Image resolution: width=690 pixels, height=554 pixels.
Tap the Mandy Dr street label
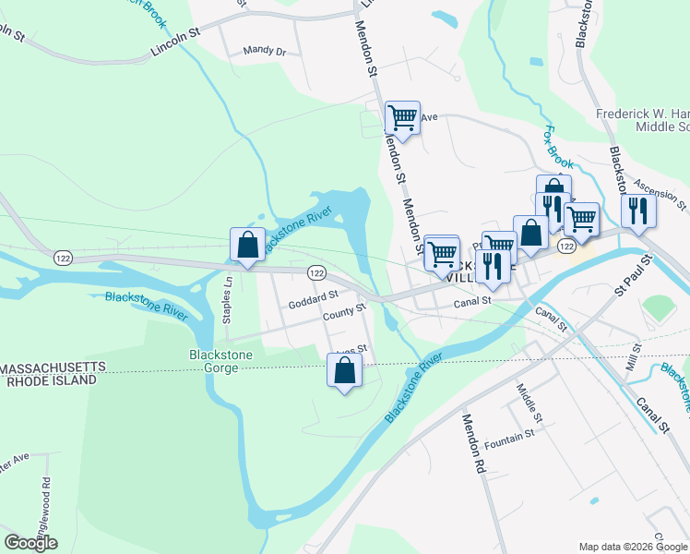(x=264, y=52)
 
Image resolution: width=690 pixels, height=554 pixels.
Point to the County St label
(x=345, y=312)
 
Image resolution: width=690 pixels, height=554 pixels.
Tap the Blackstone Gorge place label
(x=214, y=361)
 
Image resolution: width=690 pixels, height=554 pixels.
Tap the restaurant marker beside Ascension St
(x=637, y=210)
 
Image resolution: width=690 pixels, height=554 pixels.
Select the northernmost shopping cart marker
(x=402, y=117)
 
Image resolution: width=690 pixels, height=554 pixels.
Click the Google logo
(x=30, y=543)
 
